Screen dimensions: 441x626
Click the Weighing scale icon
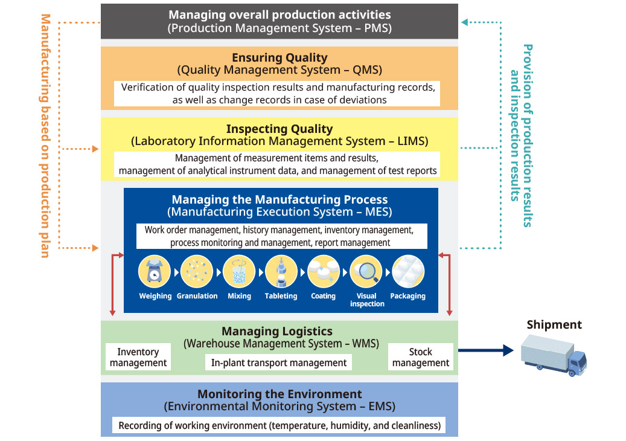pos(155,272)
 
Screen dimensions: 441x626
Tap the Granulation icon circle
pos(197,272)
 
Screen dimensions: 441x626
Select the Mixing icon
pos(239,272)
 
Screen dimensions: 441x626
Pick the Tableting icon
pos(281,272)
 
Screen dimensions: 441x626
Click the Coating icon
pos(324,272)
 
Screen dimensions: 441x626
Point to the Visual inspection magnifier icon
pos(366,272)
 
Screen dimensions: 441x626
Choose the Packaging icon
pos(408,272)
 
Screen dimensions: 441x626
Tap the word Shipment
pos(554,324)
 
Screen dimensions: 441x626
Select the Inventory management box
pos(138,357)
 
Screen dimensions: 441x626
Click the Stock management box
pos(421,357)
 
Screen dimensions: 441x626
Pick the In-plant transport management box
pos(279,362)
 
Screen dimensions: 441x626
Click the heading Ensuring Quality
pos(279,58)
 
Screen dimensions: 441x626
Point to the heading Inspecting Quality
pos(279,129)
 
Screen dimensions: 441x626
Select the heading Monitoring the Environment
pos(279,394)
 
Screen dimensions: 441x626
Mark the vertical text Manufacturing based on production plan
pos(45,135)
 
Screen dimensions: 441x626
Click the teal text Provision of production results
pos(528,135)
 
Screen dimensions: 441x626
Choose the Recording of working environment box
pos(279,425)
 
